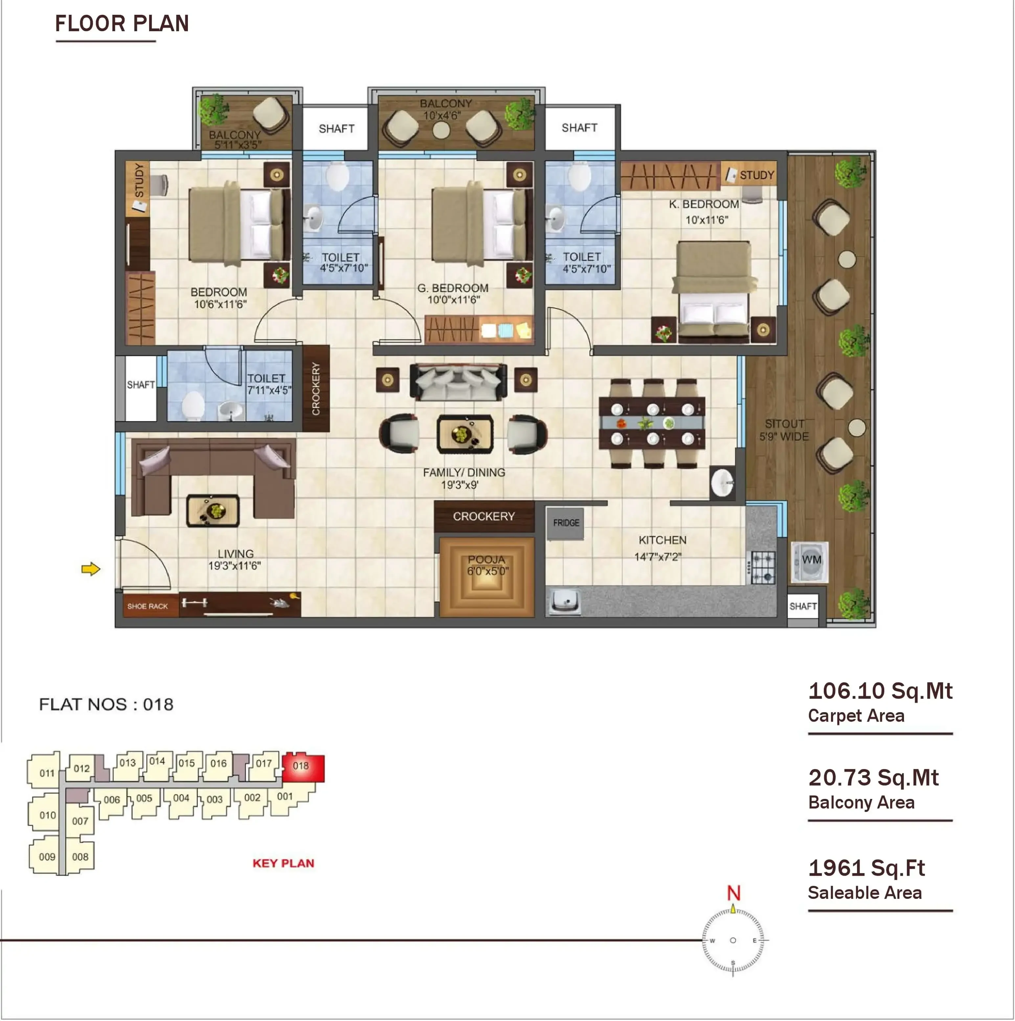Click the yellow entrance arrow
[x=90, y=569]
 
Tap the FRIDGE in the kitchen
[x=565, y=523]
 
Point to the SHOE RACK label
[x=147, y=606]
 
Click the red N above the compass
[x=733, y=893]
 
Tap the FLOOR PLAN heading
[x=122, y=23]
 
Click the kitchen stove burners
[x=763, y=568]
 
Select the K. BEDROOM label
[x=704, y=204]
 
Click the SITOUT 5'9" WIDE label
[x=784, y=430]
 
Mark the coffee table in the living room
[x=213, y=510]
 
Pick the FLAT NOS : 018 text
[x=106, y=704]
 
